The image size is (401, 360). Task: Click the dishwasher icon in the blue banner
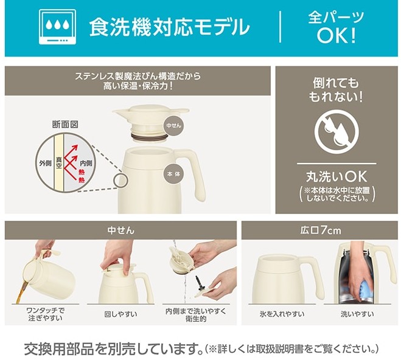[x=57, y=27]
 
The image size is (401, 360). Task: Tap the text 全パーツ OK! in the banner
[x=336, y=27]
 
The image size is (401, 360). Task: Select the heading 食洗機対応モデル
[x=169, y=27]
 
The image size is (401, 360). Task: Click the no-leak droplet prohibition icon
[x=336, y=131]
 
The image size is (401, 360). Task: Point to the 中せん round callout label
[x=173, y=125]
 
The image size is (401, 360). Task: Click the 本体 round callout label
[x=173, y=174]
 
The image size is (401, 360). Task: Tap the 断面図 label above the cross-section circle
[x=65, y=125]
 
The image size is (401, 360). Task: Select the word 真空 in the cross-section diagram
[x=59, y=163]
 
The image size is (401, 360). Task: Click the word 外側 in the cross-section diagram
[x=45, y=163]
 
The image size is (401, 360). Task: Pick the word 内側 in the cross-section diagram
[x=86, y=163]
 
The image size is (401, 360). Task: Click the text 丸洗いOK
[x=336, y=176]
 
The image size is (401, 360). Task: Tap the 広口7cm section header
[x=321, y=230]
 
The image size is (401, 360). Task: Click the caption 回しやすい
[x=120, y=314]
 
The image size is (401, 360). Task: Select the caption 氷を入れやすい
[x=282, y=314]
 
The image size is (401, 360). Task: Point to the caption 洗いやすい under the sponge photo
[x=357, y=314]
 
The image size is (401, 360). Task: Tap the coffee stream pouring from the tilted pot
[x=21, y=292]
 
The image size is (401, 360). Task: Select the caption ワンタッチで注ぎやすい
[x=45, y=314]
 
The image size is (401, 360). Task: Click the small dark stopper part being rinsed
[x=199, y=283]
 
